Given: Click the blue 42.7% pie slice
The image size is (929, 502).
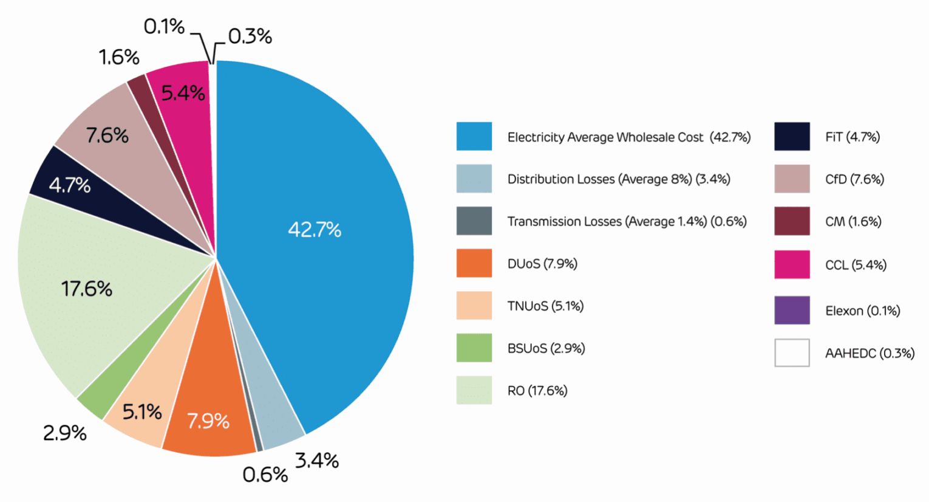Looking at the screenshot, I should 314,229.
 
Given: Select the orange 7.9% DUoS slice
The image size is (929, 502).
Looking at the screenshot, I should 208,419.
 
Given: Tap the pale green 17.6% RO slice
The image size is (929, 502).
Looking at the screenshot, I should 87,288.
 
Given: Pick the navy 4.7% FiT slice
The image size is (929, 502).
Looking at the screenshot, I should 70,184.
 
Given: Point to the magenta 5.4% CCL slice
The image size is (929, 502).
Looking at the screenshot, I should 182,92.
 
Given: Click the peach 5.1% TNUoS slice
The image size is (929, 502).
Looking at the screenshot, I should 142,412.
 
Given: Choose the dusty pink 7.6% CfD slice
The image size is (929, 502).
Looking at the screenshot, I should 107,134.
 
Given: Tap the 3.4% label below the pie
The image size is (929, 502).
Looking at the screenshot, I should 316,460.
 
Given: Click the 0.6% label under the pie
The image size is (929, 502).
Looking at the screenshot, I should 265,474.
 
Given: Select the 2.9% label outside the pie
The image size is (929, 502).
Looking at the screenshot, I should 64,433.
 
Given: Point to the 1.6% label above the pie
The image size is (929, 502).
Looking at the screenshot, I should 119,57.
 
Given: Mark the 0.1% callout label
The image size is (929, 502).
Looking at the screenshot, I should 164,26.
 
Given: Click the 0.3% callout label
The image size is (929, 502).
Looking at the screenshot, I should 250,36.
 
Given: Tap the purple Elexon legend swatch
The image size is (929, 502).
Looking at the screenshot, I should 792,310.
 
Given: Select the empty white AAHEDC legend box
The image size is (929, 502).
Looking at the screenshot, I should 792,352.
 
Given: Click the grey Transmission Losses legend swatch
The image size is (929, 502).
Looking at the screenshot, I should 474,221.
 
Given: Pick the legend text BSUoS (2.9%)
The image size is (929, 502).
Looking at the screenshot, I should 546,348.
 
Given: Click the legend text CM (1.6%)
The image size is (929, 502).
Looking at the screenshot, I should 853,221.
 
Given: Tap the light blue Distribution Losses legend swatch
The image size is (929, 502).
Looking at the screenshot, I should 474,179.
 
